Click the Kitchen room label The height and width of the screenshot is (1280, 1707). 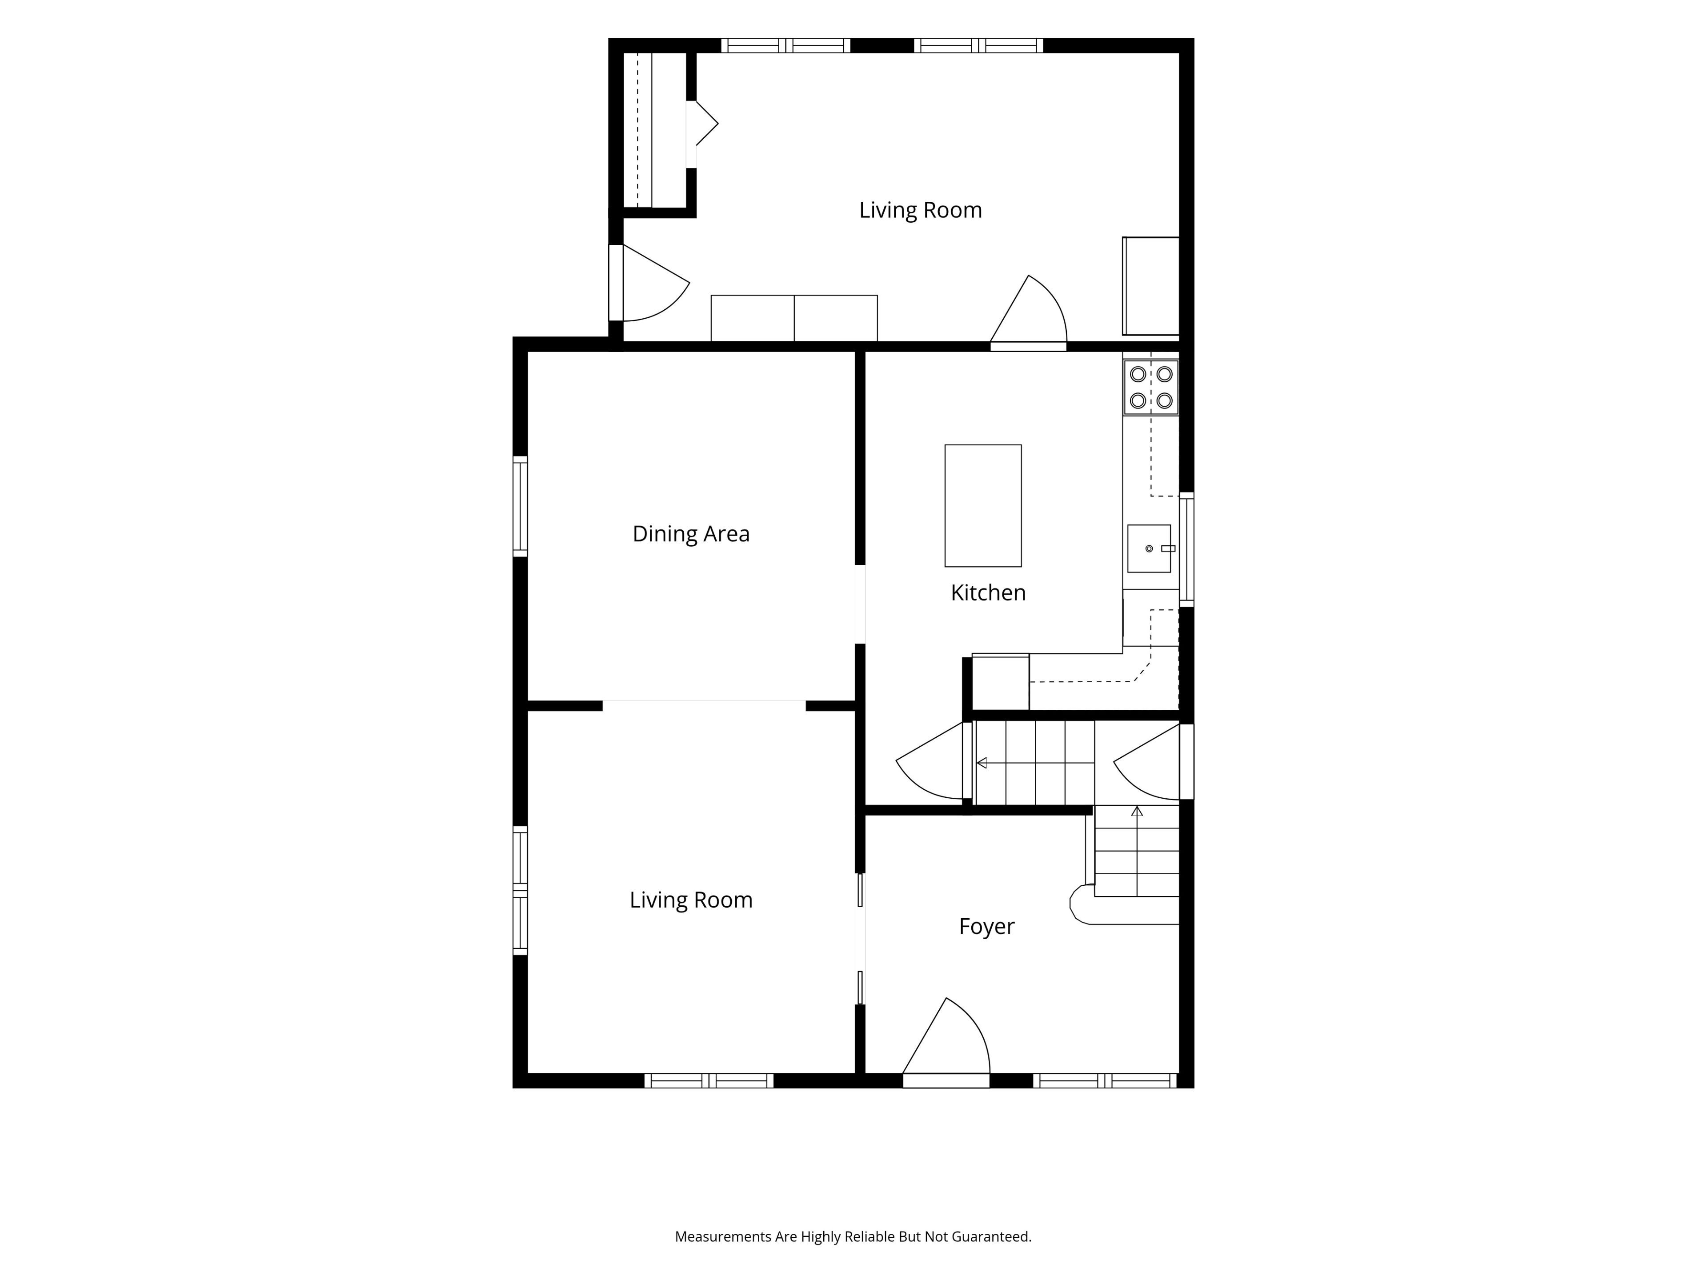988,592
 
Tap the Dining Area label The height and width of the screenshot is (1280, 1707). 691,534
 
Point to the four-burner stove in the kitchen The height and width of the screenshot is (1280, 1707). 1150,387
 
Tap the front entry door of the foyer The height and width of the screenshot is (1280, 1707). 946,1042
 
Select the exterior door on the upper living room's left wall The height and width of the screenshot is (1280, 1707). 648,282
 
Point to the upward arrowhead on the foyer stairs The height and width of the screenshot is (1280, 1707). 1137,811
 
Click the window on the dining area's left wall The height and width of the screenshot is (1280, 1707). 520,506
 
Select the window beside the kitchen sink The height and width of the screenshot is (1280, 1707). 1187,549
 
